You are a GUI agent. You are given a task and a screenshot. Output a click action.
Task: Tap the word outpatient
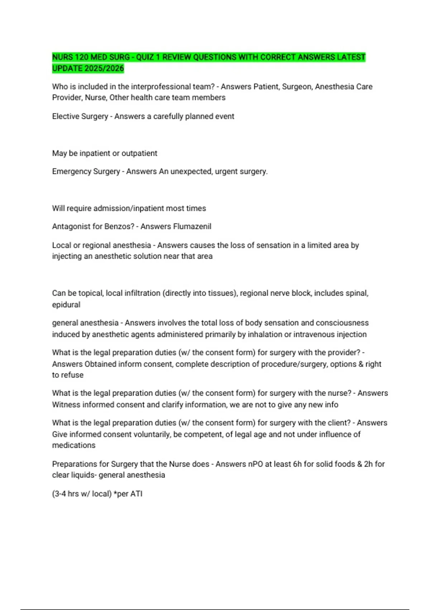coord(139,153)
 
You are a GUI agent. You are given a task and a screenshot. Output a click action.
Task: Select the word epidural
coord(66,305)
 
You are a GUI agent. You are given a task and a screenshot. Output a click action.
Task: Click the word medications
coord(74,445)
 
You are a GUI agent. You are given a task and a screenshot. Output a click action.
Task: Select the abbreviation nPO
coord(255,464)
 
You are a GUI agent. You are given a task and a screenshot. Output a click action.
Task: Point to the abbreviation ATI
coord(137,494)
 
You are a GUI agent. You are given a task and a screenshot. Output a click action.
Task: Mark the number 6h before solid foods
coord(297,464)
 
